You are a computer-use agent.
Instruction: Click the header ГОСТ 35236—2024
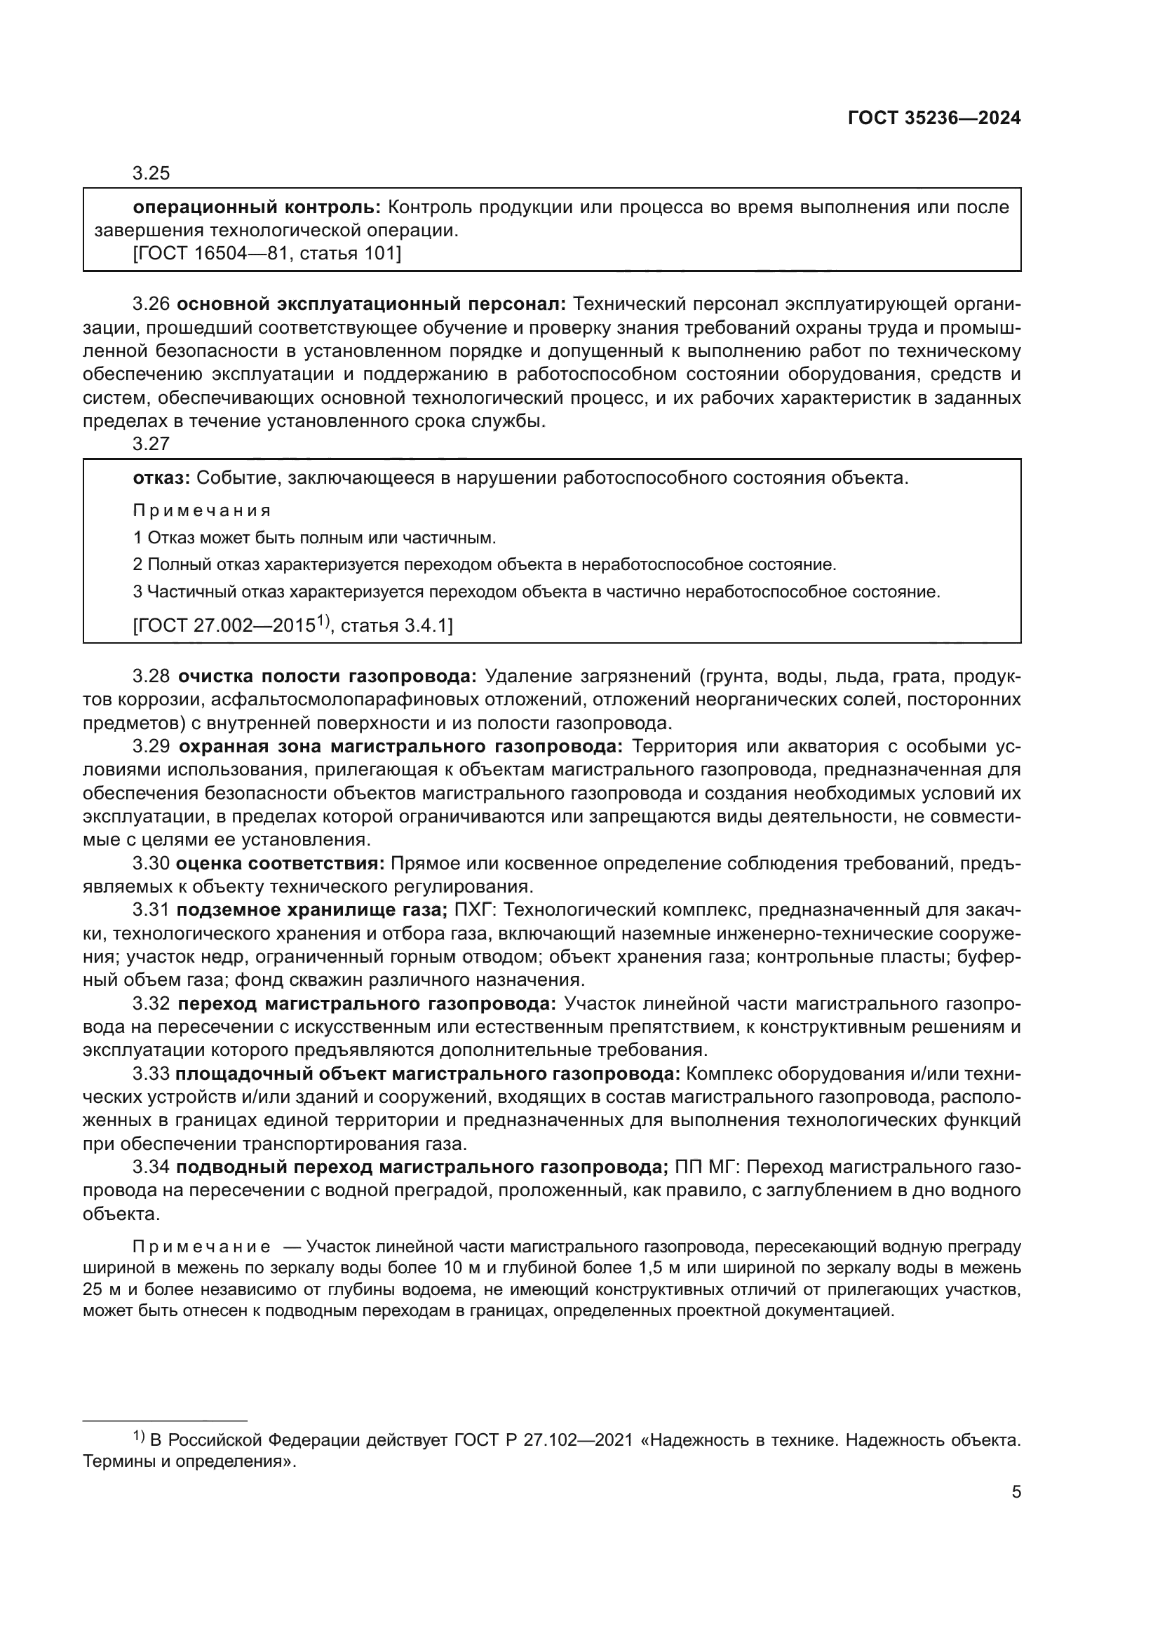coord(933,118)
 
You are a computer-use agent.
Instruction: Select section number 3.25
coord(151,174)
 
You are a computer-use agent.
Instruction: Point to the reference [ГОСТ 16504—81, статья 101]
coord(267,254)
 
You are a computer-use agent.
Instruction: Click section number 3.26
coord(151,304)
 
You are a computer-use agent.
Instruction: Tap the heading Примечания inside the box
coord(202,510)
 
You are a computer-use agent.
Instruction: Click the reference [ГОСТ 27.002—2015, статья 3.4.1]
coord(293,626)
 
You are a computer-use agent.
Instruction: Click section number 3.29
coord(151,747)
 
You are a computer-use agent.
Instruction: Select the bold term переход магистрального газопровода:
coord(366,1004)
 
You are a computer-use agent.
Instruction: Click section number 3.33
coord(151,1074)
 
